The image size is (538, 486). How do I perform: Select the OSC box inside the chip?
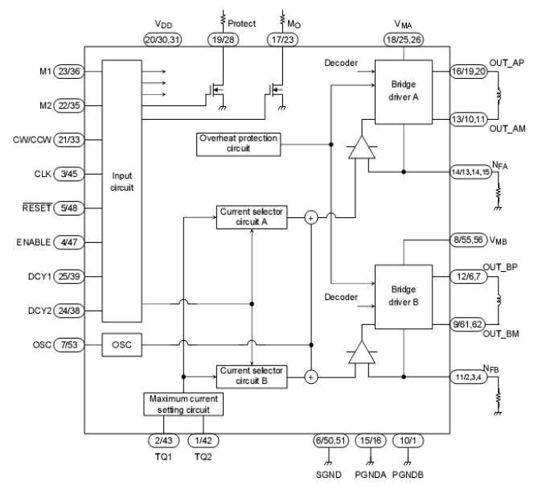click(122, 346)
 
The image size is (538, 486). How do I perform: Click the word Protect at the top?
click(242, 23)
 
